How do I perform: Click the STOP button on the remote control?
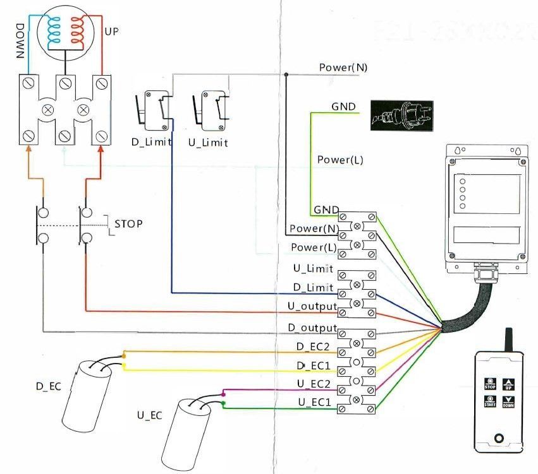click(489, 383)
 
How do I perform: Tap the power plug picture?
click(401, 116)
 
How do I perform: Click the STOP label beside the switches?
click(128, 224)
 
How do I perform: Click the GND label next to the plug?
click(343, 107)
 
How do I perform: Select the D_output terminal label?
click(311, 328)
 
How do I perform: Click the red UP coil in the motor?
click(79, 30)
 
